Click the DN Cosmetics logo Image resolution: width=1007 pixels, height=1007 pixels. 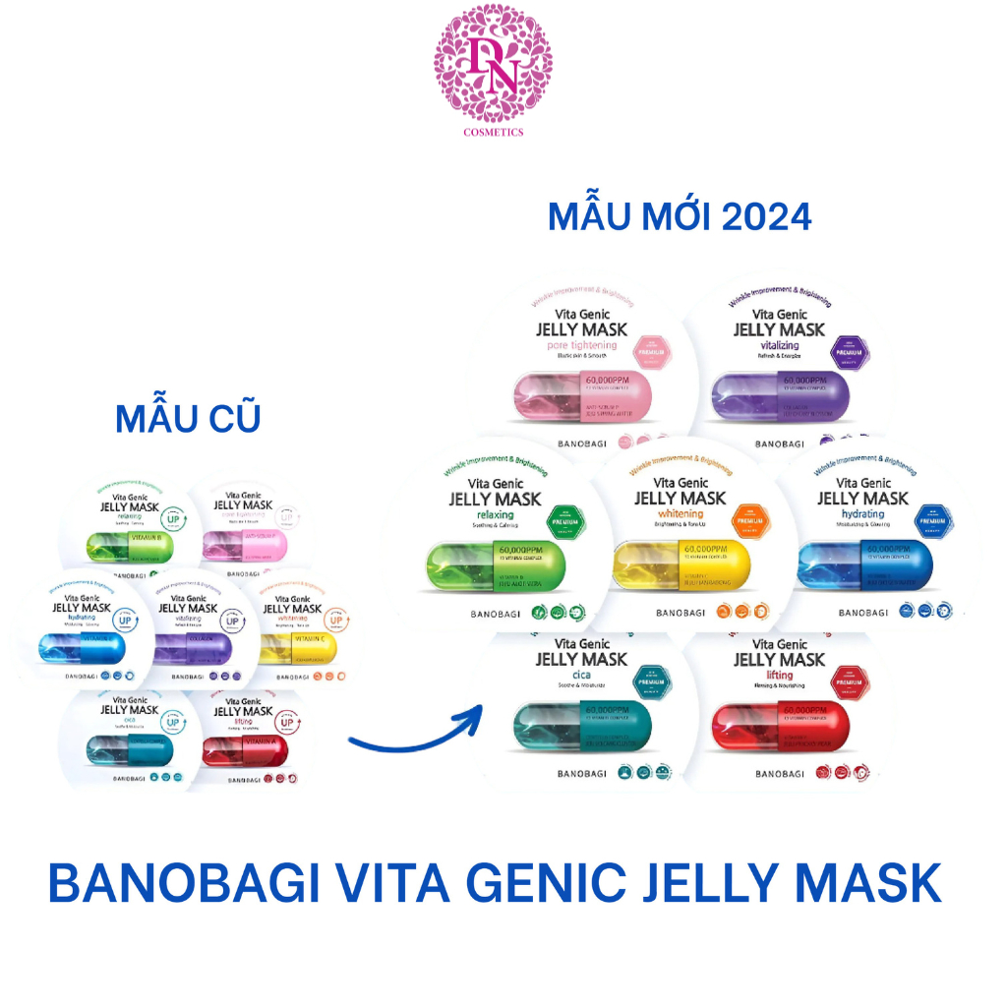coord(493,69)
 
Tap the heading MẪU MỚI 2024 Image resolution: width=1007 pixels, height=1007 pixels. coord(680,216)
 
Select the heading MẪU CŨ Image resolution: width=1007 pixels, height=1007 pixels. coord(188,418)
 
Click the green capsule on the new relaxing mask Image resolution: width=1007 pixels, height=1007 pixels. coord(492,570)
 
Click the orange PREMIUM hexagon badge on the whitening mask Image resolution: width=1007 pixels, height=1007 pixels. coord(749,513)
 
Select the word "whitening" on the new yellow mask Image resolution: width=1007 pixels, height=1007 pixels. coord(681,514)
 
